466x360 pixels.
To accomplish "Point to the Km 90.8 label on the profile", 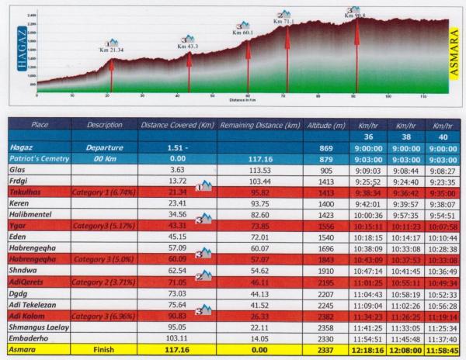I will (x=358, y=16).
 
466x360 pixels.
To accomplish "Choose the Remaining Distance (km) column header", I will (x=259, y=124).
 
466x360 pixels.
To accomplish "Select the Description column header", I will (x=105, y=124).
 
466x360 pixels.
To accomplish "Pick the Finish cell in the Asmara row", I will (x=105, y=350).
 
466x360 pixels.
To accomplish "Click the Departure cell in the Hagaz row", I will (x=105, y=147).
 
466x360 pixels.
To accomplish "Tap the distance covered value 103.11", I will (x=176, y=339).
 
